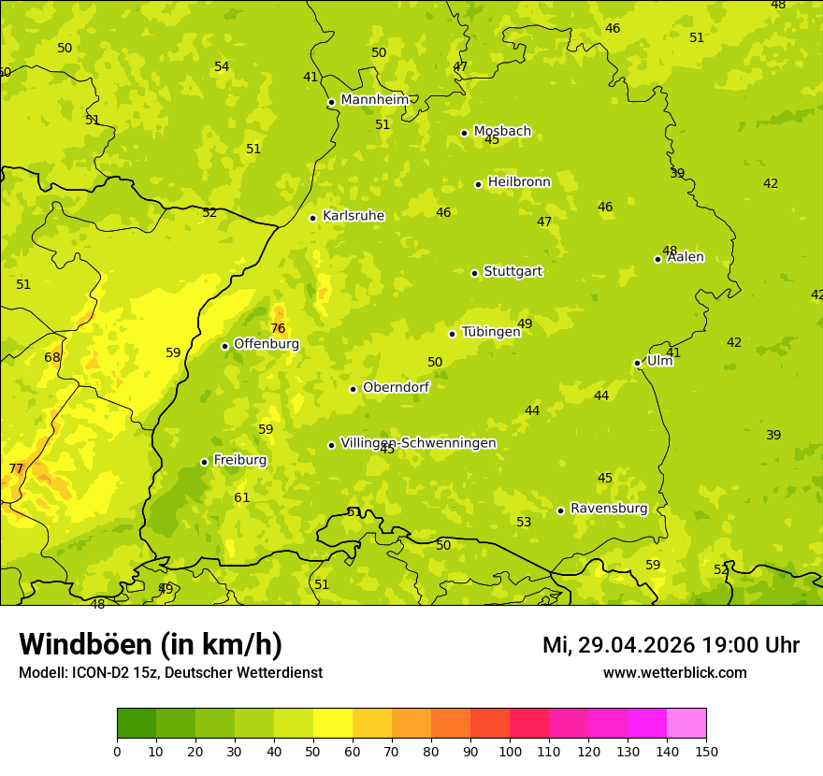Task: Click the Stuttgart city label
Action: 513,272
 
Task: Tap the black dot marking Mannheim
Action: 331,103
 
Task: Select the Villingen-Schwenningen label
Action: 418,443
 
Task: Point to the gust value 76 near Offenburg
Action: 278,328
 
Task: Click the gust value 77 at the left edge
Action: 16,468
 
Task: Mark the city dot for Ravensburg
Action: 561,510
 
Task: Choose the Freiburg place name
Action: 239,460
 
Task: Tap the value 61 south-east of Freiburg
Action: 242,497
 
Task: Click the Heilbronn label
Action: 519,182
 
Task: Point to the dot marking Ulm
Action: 638,363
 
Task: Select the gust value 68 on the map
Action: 52,357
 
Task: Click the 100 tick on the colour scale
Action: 510,750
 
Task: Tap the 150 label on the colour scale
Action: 706,750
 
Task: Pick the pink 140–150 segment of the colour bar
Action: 686,724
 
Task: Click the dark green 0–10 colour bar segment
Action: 137,724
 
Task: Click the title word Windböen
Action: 85,644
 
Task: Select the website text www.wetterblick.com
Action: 674,672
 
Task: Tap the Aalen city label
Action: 686,257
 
